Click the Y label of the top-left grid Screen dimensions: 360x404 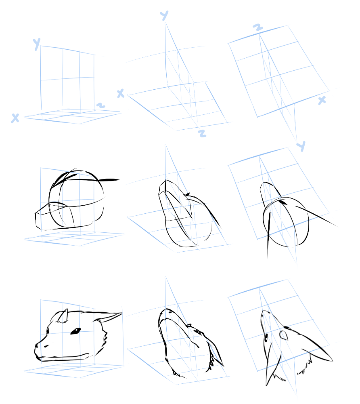[37, 44]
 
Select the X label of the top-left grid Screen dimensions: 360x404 [15, 118]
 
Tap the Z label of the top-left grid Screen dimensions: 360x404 [101, 105]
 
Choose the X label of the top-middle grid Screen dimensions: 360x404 [120, 94]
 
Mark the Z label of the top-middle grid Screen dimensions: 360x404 [202, 133]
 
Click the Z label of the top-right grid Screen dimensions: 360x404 [258, 27]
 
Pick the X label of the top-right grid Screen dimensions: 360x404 [322, 100]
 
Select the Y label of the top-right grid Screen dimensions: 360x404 [301, 146]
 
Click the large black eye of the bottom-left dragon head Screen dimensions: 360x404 [75, 331]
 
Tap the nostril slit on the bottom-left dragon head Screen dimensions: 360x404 [46, 346]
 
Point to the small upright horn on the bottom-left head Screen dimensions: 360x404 [63, 316]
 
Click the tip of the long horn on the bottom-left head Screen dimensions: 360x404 [122, 314]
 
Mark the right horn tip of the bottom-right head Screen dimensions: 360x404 [332, 360]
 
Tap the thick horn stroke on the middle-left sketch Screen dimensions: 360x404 [109, 180]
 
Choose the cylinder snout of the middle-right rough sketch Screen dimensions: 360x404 [270, 193]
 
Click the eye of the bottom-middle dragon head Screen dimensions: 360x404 [198, 331]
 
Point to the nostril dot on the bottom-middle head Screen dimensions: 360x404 [170, 312]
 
